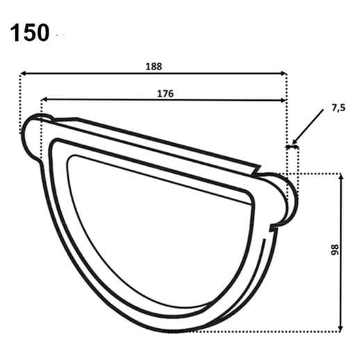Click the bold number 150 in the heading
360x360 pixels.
point(30,32)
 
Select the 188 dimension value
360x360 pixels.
point(154,67)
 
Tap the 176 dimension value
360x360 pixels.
point(165,93)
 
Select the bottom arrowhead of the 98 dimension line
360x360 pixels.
point(341,327)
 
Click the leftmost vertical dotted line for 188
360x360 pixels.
point(20,104)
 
